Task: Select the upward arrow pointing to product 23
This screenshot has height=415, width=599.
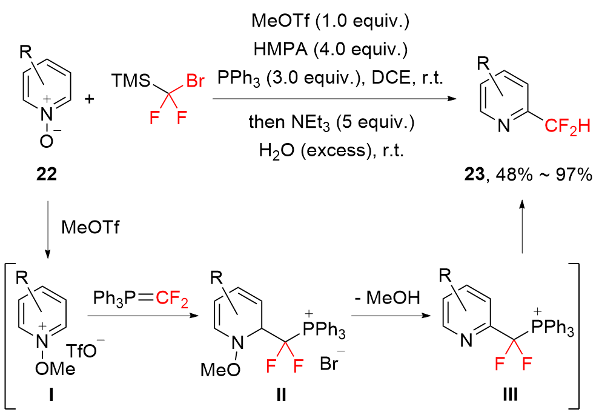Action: pos(522,227)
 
